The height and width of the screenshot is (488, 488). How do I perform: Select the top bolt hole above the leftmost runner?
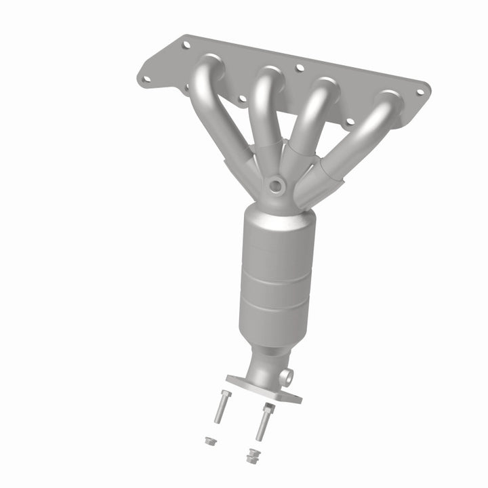186,45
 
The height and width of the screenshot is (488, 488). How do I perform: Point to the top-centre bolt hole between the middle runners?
298,68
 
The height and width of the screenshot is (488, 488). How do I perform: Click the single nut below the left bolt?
209,441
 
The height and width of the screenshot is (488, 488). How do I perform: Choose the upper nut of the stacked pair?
253,452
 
